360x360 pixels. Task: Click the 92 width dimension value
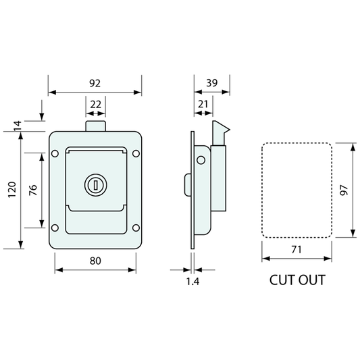(x=95, y=83)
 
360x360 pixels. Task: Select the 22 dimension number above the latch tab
(x=95, y=105)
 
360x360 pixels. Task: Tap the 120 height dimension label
(x=12, y=190)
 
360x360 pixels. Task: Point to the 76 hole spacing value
(x=33, y=190)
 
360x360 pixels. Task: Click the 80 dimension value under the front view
(x=95, y=261)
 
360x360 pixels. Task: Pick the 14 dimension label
(x=18, y=126)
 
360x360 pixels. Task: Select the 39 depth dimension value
(x=211, y=83)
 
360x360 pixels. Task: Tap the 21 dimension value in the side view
(x=203, y=104)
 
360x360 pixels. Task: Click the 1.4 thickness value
(x=192, y=282)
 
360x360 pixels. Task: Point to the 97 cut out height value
(x=344, y=190)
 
